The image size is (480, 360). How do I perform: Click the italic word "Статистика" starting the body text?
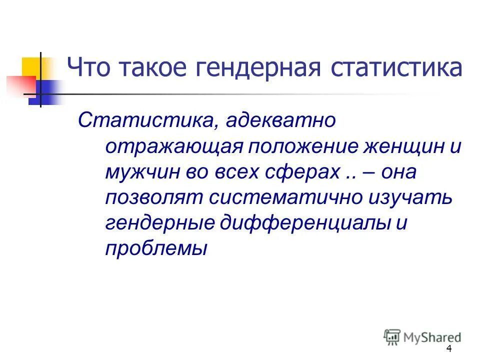pyautogui.click(x=145, y=120)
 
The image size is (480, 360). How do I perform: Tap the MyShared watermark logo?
pyautogui.click(x=422, y=336)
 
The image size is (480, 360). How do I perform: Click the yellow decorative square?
pyautogui.click(x=31, y=67)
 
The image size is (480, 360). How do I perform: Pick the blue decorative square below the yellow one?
pyautogui.click(x=46, y=93)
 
